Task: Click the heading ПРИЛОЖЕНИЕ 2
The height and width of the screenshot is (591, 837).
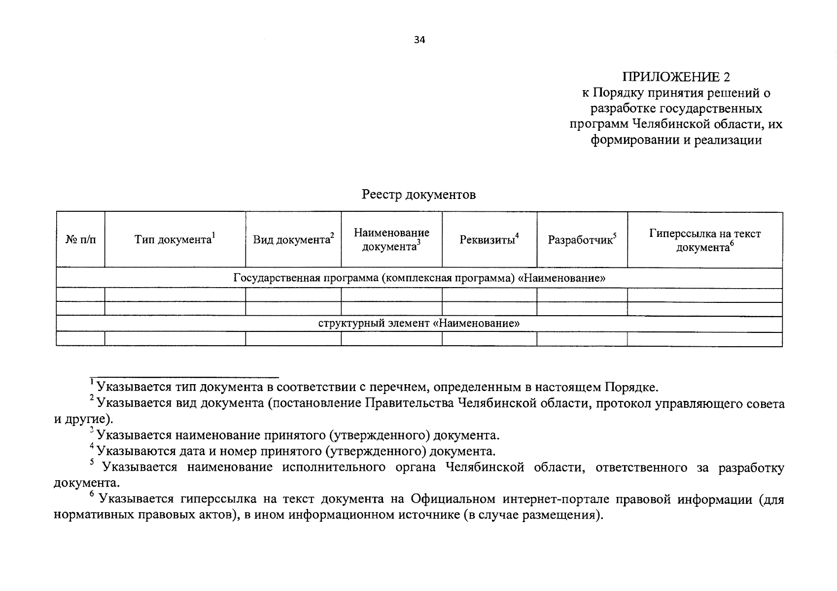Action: [676, 77]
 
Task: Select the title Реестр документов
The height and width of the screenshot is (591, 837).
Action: [418, 195]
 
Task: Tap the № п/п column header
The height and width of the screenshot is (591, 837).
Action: [81, 240]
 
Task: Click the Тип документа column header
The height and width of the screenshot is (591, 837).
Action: [175, 240]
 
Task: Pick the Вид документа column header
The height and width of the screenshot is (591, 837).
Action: [293, 240]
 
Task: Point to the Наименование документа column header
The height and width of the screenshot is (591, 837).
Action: [391, 240]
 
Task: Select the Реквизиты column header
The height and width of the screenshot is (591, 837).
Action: [489, 240]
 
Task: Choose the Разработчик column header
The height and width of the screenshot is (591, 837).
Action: [582, 240]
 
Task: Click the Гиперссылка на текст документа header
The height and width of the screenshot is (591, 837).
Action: [705, 240]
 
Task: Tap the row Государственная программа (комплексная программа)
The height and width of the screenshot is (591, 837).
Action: [419, 278]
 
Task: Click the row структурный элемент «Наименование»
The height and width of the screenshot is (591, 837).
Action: [419, 324]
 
